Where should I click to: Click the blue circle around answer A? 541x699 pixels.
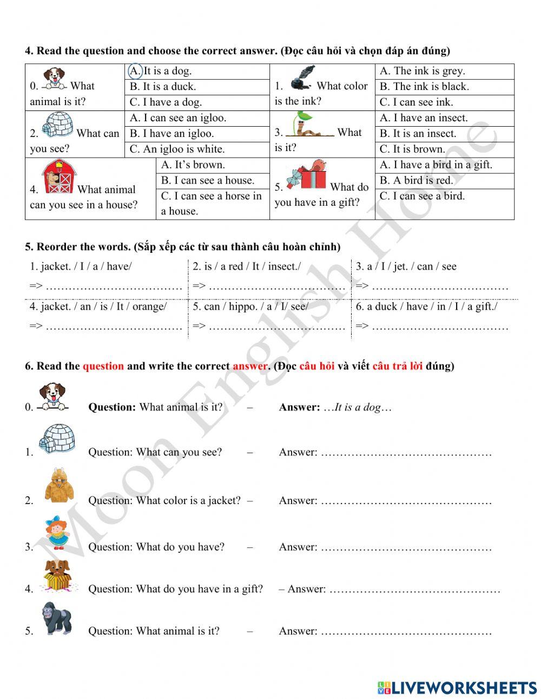coord(135,71)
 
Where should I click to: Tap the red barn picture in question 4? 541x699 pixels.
coord(59,177)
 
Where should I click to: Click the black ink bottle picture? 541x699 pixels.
coord(302,78)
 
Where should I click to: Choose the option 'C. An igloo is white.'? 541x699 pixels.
coord(177,149)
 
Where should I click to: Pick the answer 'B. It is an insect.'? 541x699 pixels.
coord(418,134)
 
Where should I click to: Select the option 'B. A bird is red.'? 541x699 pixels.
coord(416,180)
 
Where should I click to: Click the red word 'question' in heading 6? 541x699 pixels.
coord(103,366)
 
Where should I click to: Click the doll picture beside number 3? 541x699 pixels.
coord(56,532)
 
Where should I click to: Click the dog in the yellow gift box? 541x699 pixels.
coord(57,576)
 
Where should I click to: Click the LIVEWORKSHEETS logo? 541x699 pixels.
coord(457,688)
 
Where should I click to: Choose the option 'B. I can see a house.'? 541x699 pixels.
coord(207,181)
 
